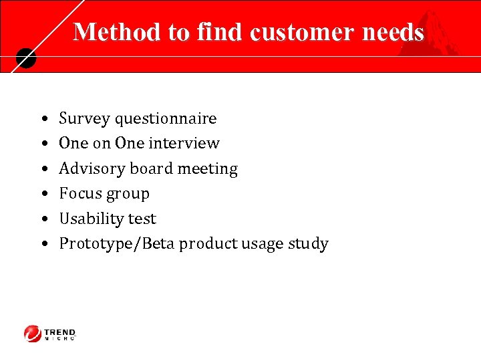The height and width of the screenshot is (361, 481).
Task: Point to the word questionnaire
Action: pos(166,119)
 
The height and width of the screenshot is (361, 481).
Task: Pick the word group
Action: pos(128,195)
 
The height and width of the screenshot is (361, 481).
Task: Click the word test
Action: pos(143,219)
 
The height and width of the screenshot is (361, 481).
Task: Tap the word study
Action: pos(308,243)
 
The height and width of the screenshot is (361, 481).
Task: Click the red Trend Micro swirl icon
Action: pos(33,333)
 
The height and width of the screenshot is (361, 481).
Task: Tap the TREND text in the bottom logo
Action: pos(60,332)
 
